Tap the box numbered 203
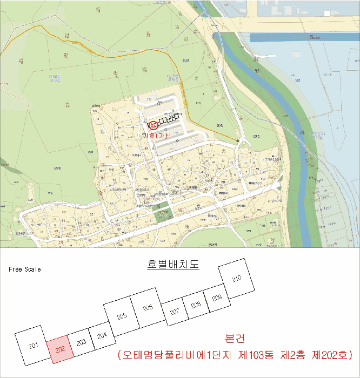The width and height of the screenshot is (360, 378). click(x=81, y=343)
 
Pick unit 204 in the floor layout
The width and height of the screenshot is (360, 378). click(x=101, y=335)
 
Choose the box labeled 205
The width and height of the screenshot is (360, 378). click(x=122, y=316)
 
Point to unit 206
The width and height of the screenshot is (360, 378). click(x=148, y=307)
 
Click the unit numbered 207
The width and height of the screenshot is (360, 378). click(x=174, y=312)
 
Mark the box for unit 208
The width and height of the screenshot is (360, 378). click(x=196, y=305)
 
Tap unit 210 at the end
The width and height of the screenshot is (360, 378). click(x=236, y=279)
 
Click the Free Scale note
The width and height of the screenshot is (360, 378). click(x=24, y=269)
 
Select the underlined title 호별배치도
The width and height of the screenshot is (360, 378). click(x=173, y=265)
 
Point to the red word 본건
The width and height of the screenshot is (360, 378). click(x=234, y=339)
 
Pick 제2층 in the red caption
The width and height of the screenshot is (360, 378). click(x=295, y=355)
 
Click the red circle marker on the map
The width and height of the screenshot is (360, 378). click(x=154, y=125)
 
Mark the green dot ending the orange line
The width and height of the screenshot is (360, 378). click(x=237, y=141)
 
